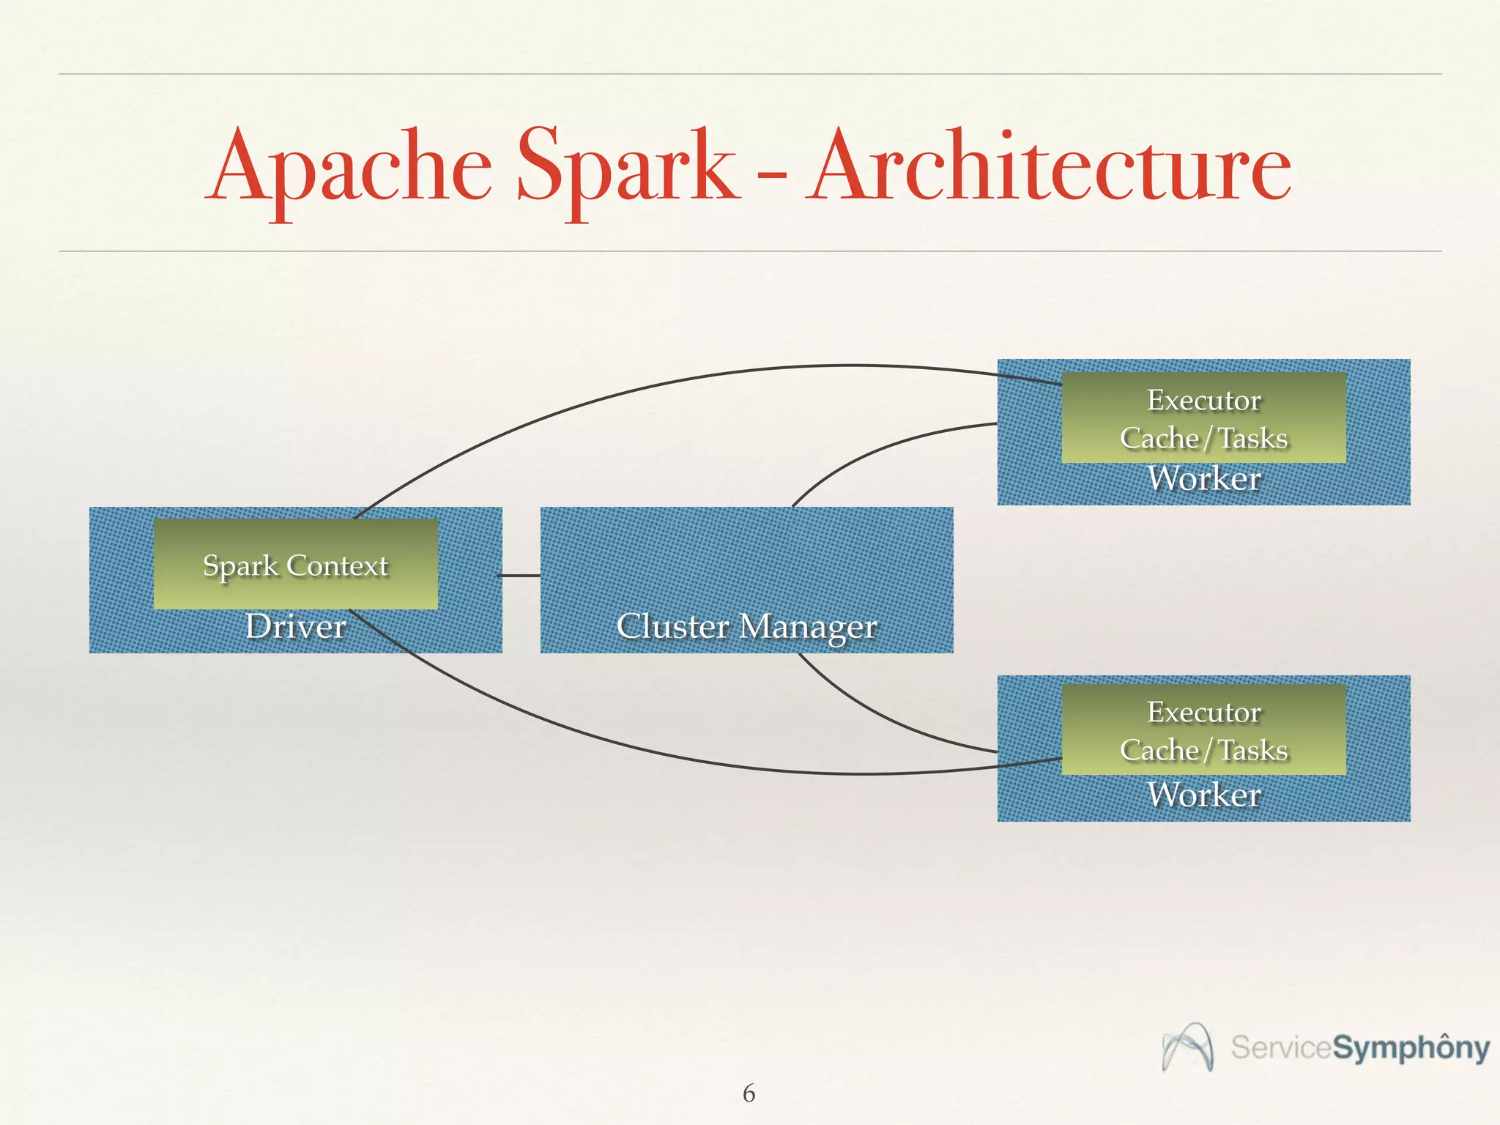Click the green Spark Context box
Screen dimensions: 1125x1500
point(295,564)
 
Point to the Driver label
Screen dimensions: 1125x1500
point(295,626)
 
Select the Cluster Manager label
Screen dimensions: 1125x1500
point(746,626)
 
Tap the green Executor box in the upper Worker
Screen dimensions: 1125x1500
point(1203,417)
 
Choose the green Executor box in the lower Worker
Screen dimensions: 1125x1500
point(1203,729)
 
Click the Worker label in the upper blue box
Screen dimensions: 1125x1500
point(1203,479)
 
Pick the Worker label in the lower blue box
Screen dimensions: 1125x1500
point(1203,795)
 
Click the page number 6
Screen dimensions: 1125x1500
point(749,1093)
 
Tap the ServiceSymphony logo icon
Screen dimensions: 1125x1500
point(1187,1047)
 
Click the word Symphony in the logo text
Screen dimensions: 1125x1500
point(1410,1048)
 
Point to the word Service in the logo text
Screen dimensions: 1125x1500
point(1280,1047)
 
